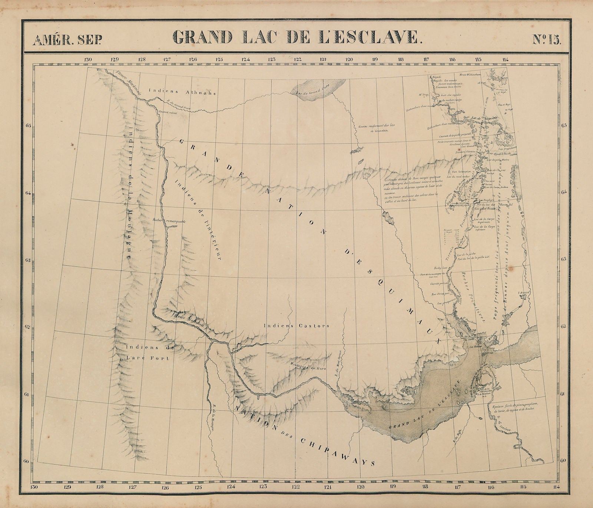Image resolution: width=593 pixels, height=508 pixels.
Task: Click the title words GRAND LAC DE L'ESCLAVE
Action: [x=296, y=37]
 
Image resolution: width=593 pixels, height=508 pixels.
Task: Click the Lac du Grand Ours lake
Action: [x=319, y=89]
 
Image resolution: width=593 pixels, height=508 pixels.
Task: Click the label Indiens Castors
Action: [x=296, y=326]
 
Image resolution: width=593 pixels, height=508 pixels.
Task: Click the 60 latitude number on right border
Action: [x=563, y=460]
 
